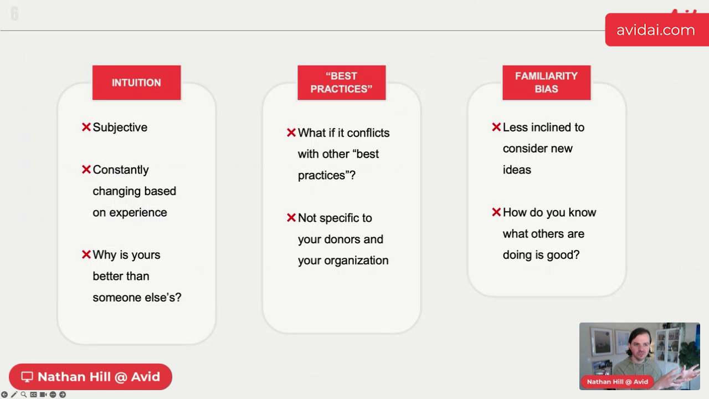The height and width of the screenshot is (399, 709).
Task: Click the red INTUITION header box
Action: [136, 83]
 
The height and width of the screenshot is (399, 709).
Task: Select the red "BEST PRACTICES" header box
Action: [342, 83]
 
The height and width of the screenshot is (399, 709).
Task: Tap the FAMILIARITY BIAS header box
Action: [547, 83]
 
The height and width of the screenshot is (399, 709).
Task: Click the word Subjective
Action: [120, 127]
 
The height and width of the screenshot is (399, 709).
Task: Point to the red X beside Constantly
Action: [86, 170]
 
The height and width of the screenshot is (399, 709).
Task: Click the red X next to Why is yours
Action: [86, 254]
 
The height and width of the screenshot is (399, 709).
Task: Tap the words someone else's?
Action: [137, 298]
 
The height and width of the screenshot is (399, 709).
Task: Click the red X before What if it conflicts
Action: [291, 132]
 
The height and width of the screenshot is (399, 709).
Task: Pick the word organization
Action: [356, 260]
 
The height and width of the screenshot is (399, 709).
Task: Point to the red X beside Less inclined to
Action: [496, 127]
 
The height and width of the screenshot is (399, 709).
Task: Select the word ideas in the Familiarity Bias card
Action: [517, 170]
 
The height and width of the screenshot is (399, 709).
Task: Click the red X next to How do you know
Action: [496, 212]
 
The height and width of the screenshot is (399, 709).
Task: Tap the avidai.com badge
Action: [657, 30]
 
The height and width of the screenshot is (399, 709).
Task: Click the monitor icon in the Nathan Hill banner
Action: [27, 377]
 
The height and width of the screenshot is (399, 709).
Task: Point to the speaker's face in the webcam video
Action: [640, 347]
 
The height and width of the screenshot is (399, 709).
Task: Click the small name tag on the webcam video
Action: [617, 382]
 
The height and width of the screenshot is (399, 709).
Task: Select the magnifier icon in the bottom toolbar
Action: [24, 395]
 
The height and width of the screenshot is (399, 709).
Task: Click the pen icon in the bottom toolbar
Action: [14, 395]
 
